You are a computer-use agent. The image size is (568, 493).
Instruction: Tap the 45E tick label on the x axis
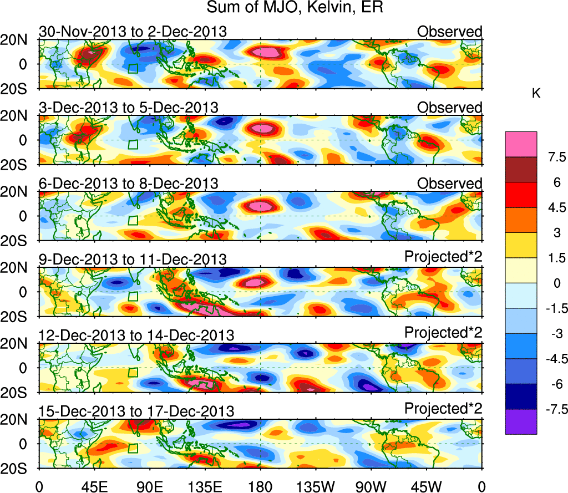click(x=94, y=486)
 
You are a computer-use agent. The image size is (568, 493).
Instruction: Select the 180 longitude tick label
click(x=260, y=486)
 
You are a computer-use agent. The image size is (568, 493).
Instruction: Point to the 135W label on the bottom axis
click(x=316, y=486)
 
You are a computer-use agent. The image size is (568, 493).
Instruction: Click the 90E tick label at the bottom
click(x=149, y=486)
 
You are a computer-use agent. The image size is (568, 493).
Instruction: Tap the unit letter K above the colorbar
click(x=536, y=94)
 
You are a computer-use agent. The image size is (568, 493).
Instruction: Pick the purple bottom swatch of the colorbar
click(x=521, y=422)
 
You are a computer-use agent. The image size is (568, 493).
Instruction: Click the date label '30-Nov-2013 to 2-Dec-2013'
click(x=133, y=32)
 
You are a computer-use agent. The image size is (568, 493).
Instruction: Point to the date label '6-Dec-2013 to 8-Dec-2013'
click(x=128, y=184)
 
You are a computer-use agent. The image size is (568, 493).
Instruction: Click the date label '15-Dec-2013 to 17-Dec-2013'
click(x=136, y=411)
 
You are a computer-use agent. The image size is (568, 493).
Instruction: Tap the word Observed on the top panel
click(x=450, y=32)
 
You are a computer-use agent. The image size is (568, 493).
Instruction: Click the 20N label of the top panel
click(x=17, y=39)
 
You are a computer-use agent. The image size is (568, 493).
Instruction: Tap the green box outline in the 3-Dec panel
click(x=133, y=144)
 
